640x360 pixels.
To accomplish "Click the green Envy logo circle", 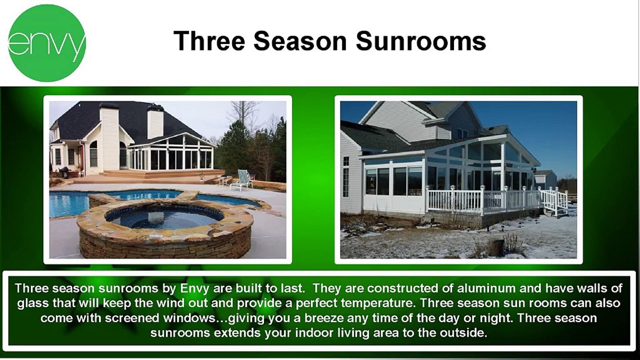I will (47, 43).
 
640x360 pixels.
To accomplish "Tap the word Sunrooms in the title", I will (421, 41).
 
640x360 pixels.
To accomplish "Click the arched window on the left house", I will (93, 153).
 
